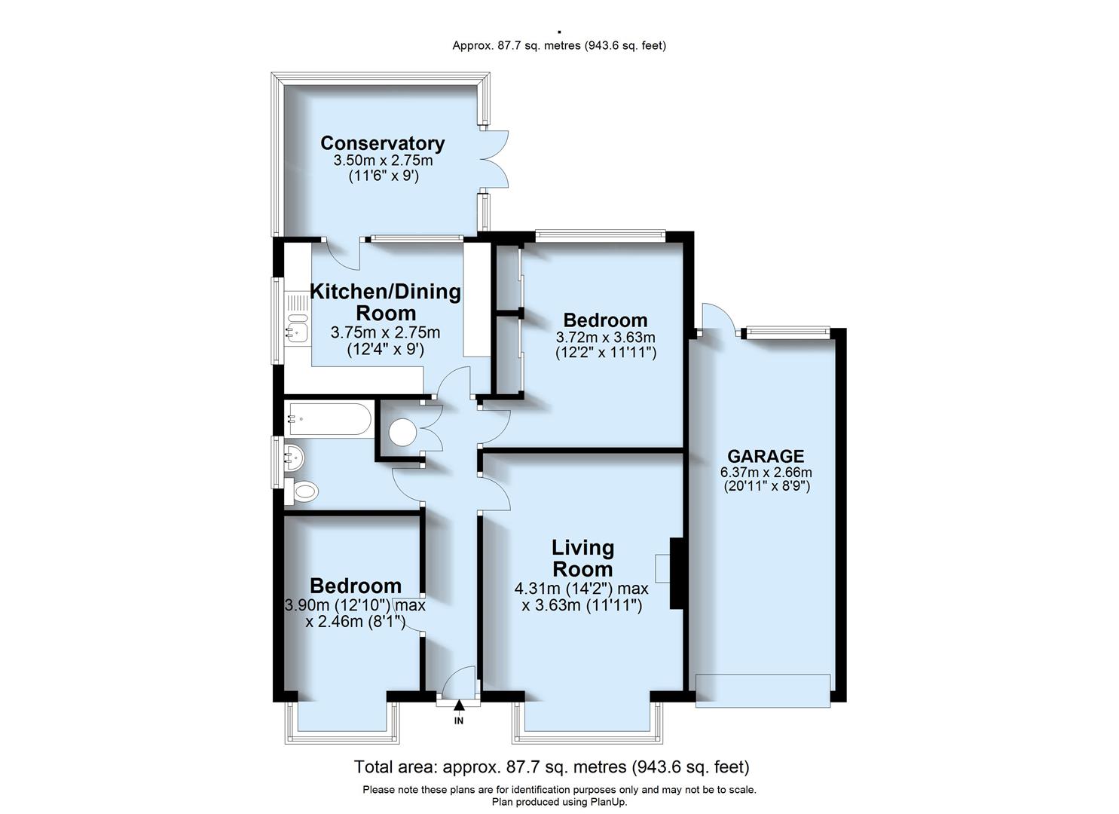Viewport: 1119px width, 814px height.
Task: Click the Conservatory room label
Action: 382,143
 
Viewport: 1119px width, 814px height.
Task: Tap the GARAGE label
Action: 765,456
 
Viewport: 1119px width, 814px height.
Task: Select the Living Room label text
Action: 582,558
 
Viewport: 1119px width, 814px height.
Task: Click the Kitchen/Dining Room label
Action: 385,301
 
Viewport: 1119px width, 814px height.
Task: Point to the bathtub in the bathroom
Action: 329,419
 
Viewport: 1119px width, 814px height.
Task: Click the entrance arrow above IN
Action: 459,705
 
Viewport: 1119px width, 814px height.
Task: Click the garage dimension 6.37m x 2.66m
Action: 766,473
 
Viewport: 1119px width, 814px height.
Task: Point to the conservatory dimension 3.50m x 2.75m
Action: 383,161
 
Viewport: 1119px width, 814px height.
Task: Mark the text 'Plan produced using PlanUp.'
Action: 559,802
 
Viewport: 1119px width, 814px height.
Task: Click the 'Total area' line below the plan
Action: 552,767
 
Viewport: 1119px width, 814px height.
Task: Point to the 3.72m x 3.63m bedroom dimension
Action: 605,337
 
